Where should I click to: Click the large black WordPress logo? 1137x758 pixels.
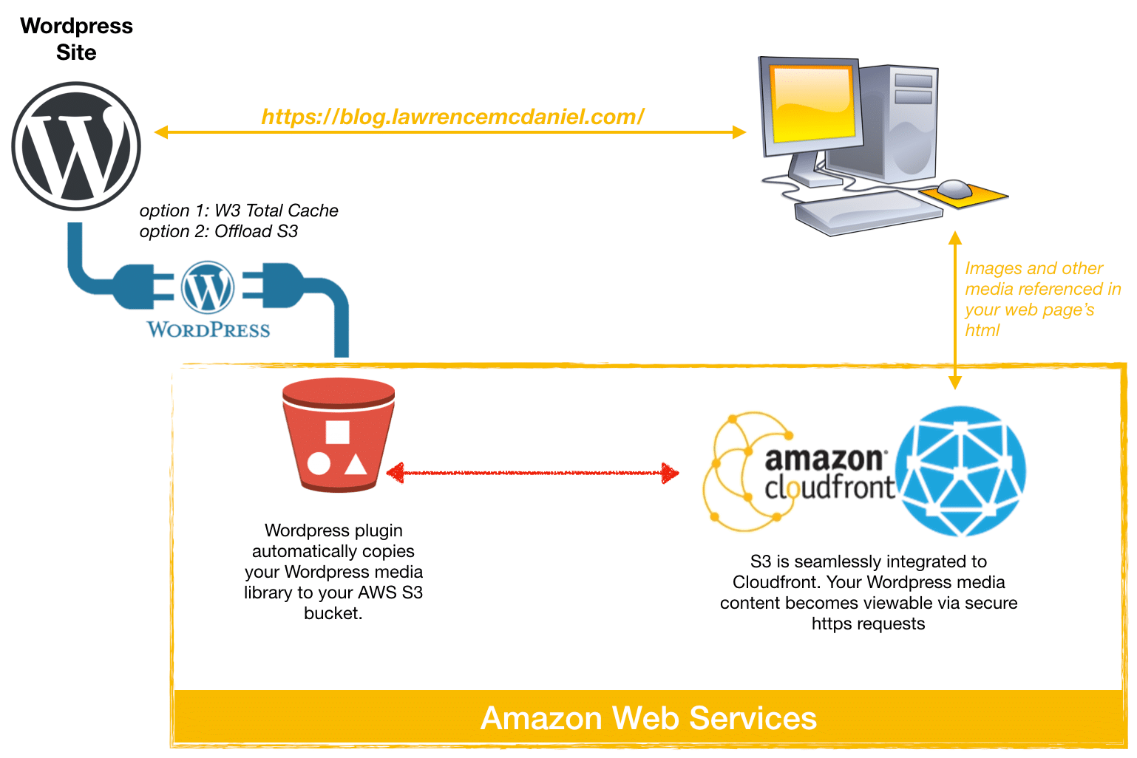[76, 146]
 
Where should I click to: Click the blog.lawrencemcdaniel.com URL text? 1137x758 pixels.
[452, 117]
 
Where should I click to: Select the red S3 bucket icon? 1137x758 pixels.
[339, 435]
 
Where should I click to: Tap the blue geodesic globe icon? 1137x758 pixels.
[960, 471]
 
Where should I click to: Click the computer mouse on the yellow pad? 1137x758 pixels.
[954, 188]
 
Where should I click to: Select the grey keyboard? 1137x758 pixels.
[869, 213]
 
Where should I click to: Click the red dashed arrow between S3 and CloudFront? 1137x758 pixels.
[532, 473]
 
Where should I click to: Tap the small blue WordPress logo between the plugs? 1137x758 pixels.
[208, 287]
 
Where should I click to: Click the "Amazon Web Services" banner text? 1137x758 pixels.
[648, 718]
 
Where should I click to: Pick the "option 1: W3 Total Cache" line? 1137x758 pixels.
[239, 210]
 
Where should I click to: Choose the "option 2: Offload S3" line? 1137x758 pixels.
[219, 231]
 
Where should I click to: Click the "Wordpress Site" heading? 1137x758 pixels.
[76, 39]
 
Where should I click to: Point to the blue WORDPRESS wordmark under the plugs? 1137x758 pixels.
[208, 330]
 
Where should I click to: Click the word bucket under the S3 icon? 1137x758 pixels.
[333, 613]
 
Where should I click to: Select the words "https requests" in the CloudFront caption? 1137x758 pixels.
[868, 624]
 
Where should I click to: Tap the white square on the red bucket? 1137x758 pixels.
[338, 432]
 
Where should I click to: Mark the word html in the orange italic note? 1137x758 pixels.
[982, 330]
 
